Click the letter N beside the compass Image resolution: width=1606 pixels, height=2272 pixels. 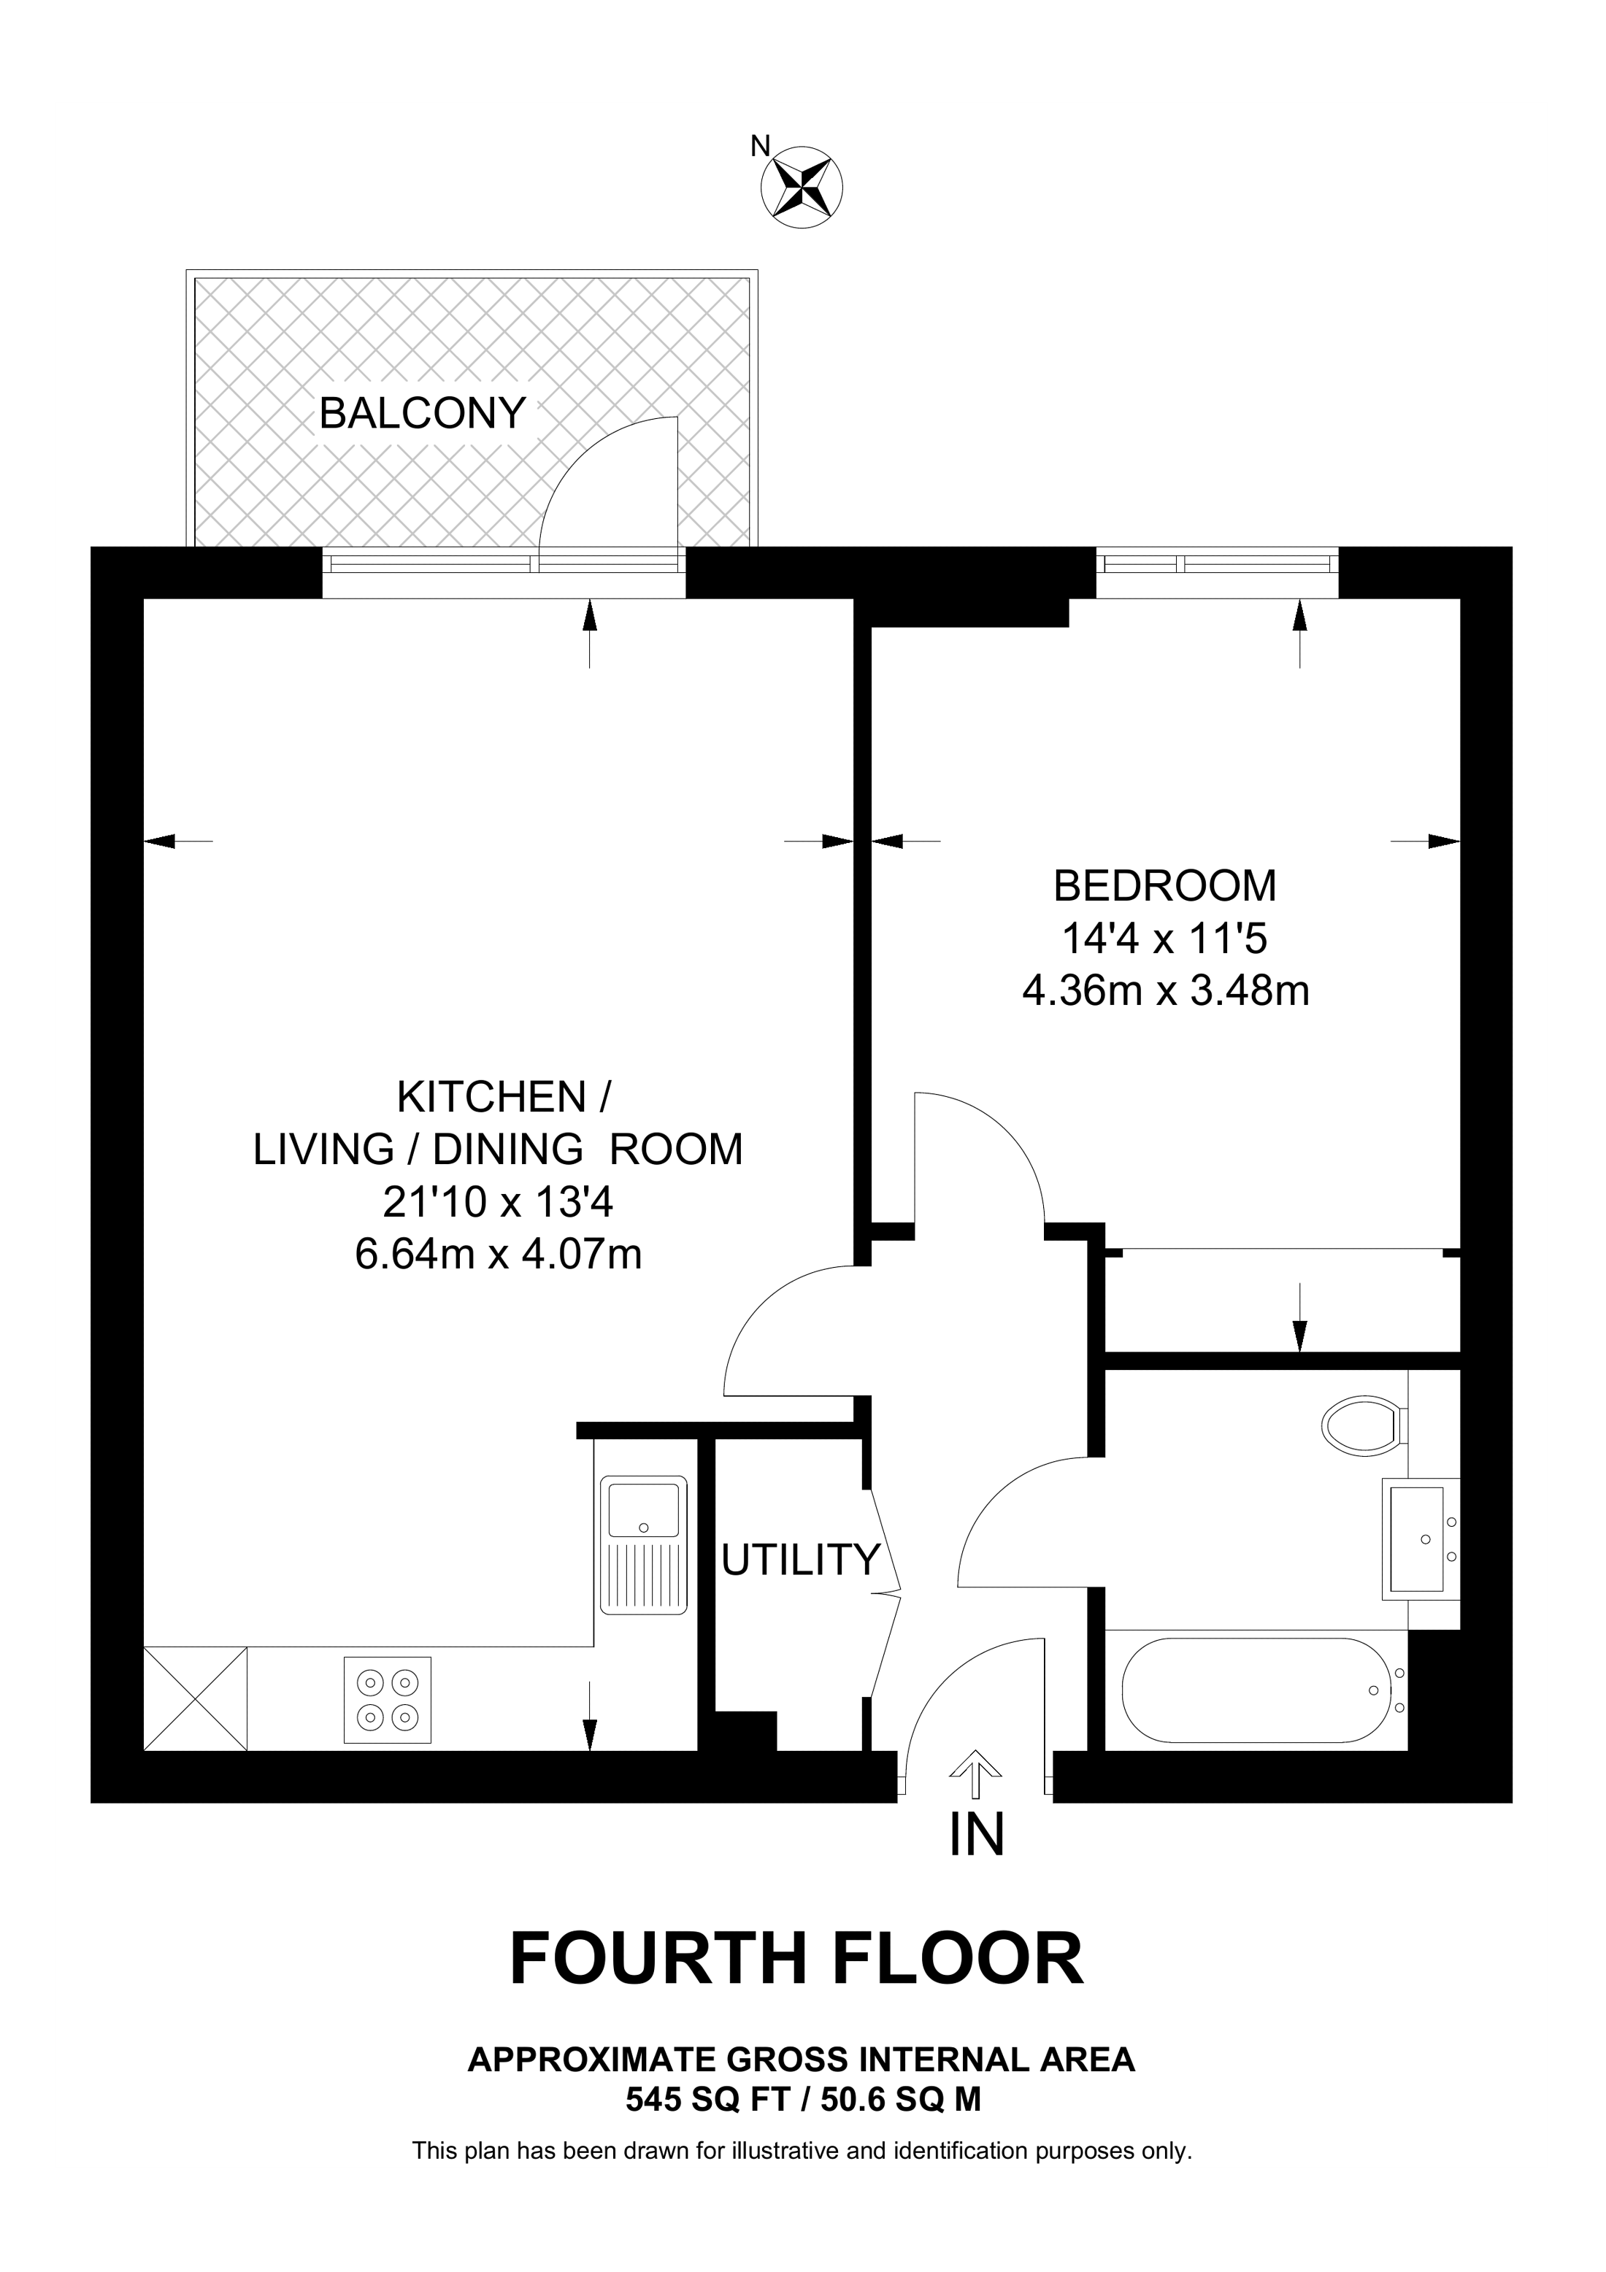760,147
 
